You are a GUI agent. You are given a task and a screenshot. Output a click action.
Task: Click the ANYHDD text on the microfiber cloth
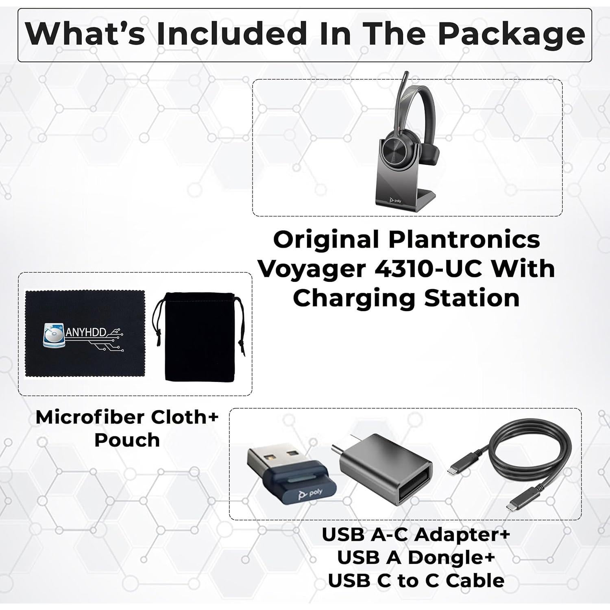(x=86, y=333)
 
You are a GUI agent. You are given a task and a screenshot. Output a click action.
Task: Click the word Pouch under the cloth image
(x=127, y=440)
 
